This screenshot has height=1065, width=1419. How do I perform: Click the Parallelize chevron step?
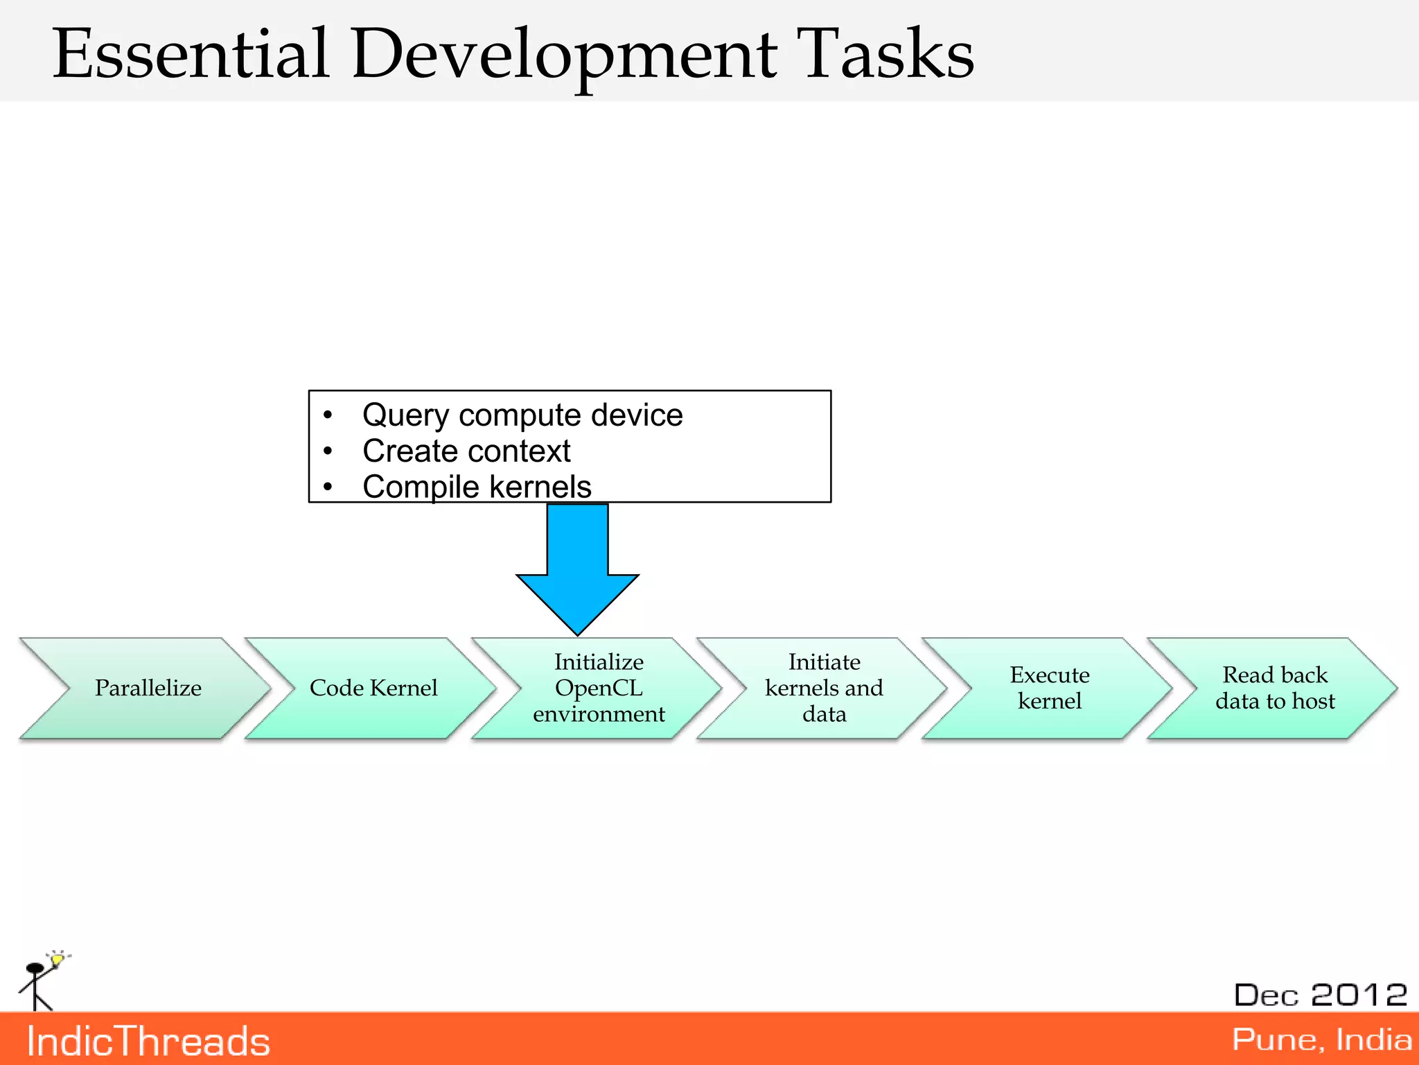148,688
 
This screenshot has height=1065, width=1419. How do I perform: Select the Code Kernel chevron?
373,688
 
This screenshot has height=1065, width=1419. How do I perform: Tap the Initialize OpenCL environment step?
599,688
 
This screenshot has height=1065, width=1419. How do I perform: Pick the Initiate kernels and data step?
824,688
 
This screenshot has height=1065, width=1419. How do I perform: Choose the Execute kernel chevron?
1049,688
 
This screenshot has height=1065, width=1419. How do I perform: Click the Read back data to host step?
1275,688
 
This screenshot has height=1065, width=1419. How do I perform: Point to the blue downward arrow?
577,569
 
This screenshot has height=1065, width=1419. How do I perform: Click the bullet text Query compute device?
522,415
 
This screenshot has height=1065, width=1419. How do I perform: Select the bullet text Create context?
466,451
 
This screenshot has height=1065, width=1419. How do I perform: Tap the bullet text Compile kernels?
477,487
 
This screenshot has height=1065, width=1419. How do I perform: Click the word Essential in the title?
191,54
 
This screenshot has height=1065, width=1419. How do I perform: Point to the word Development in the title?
565,54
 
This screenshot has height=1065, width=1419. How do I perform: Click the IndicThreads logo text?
148,1041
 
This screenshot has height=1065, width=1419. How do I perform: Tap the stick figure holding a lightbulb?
42,981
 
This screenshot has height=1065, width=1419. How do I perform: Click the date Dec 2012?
1321,995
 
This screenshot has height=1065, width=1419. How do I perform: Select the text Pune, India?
1321,1039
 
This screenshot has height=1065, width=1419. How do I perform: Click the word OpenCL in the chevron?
599,688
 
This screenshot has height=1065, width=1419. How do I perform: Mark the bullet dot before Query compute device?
328,415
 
